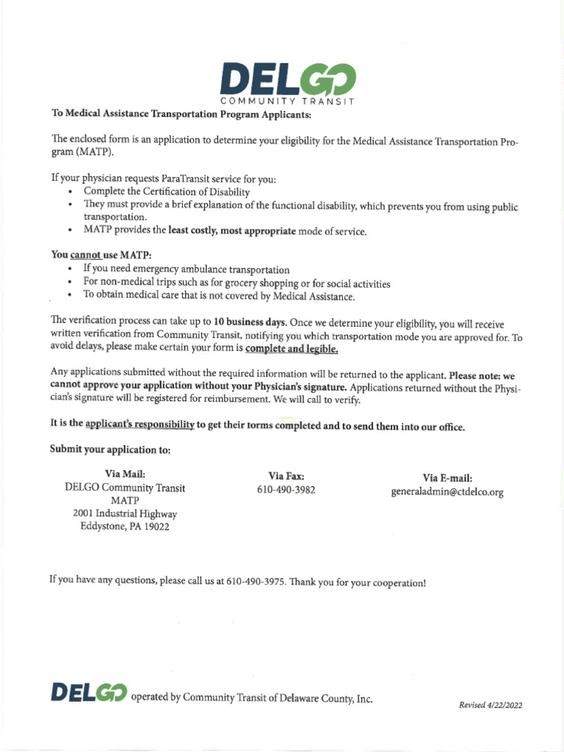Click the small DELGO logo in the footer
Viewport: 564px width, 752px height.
point(89,693)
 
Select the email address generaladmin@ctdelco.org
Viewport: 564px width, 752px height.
point(446,492)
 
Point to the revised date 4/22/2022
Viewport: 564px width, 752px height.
point(491,705)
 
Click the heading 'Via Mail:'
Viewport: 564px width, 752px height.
point(125,474)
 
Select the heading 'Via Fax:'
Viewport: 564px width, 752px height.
point(286,476)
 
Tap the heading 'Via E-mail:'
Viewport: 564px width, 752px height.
point(446,477)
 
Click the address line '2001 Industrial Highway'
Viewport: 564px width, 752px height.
point(125,513)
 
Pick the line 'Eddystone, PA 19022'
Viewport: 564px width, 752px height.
point(125,527)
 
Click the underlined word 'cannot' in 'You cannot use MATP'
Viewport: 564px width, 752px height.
point(84,254)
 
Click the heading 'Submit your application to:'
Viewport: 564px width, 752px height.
point(109,449)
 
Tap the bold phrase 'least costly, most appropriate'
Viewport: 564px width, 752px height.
point(232,231)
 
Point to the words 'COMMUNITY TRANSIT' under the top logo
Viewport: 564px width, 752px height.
point(288,100)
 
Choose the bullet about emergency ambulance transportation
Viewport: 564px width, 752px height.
point(186,270)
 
